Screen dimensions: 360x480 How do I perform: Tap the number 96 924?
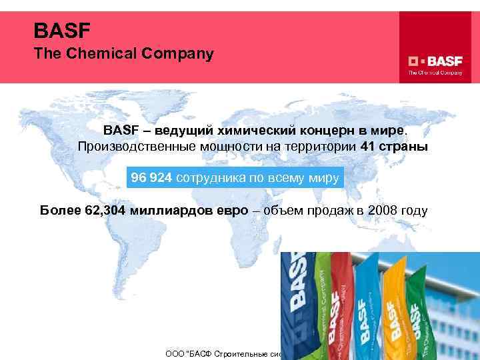click(151, 177)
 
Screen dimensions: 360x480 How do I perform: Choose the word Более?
click(59, 211)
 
